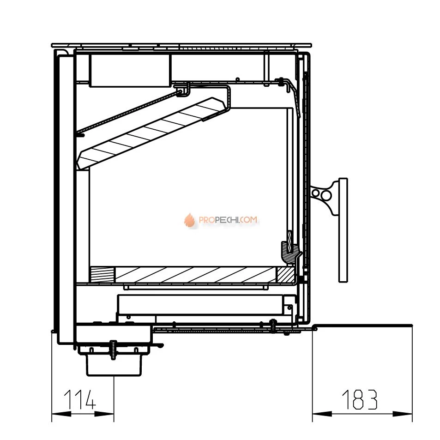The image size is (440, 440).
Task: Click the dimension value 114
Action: coord(80,399)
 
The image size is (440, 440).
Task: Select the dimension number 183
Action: coord(360,399)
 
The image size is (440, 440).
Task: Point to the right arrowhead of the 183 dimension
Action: coord(403,414)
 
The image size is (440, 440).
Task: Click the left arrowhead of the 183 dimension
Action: coord(322,414)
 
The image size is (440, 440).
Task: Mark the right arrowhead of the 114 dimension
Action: coord(104,414)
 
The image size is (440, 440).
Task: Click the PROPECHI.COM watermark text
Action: coord(228,220)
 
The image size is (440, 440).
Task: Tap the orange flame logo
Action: coord(190,220)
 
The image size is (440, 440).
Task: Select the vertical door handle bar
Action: coord(343,230)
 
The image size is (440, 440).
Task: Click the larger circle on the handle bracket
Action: coord(326,195)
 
